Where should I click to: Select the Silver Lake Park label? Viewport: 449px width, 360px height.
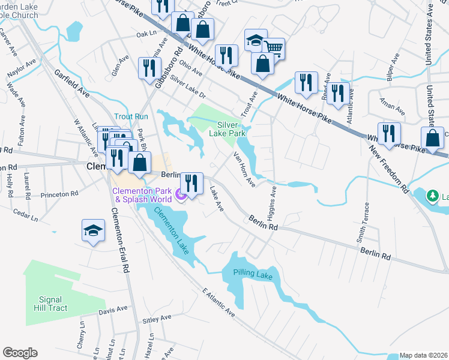click(x=226, y=128)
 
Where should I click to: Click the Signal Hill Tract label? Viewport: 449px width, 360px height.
click(x=53, y=304)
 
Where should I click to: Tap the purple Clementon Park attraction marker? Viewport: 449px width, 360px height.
click(x=179, y=194)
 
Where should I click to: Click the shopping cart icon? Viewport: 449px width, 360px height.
click(x=274, y=47)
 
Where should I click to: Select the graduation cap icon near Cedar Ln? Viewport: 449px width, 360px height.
click(x=93, y=230)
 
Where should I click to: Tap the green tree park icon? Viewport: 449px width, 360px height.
click(x=432, y=196)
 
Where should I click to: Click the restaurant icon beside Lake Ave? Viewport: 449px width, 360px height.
click(x=191, y=182)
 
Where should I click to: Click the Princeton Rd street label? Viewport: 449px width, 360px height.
click(x=59, y=194)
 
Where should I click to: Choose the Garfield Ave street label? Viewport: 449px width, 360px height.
click(x=71, y=85)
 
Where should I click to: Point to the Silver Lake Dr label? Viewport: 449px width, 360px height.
click(x=187, y=87)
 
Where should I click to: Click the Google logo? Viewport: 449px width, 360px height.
click(x=20, y=353)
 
